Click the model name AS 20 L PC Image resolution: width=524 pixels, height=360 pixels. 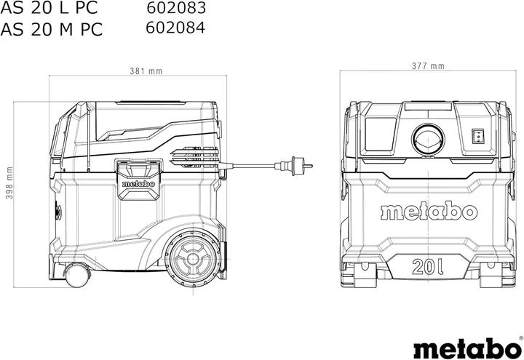51,9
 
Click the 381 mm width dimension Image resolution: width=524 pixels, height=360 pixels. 146,71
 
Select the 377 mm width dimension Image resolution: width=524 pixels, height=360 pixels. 427,66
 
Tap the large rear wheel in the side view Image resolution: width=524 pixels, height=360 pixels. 192,257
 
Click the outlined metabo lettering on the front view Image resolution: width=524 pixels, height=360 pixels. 428,212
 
